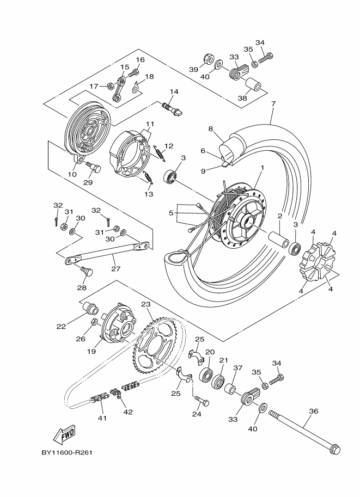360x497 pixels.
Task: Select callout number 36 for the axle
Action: click(313, 412)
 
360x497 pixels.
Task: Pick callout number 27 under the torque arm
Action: click(115, 268)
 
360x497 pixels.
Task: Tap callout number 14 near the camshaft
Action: click(174, 91)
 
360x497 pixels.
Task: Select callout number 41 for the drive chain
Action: click(102, 418)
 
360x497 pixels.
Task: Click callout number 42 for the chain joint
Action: click(129, 412)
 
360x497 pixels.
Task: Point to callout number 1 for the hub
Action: click(262, 168)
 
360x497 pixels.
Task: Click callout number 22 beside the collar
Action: click(61, 327)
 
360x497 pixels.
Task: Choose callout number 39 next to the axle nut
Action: click(193, 70)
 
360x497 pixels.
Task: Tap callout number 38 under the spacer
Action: click(242, 98)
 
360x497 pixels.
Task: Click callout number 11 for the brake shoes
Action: click(150, 125)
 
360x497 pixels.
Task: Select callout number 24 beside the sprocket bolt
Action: click(196, 414)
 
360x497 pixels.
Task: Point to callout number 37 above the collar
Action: click(237, 368)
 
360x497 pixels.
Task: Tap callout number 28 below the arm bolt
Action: click(82, 288)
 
